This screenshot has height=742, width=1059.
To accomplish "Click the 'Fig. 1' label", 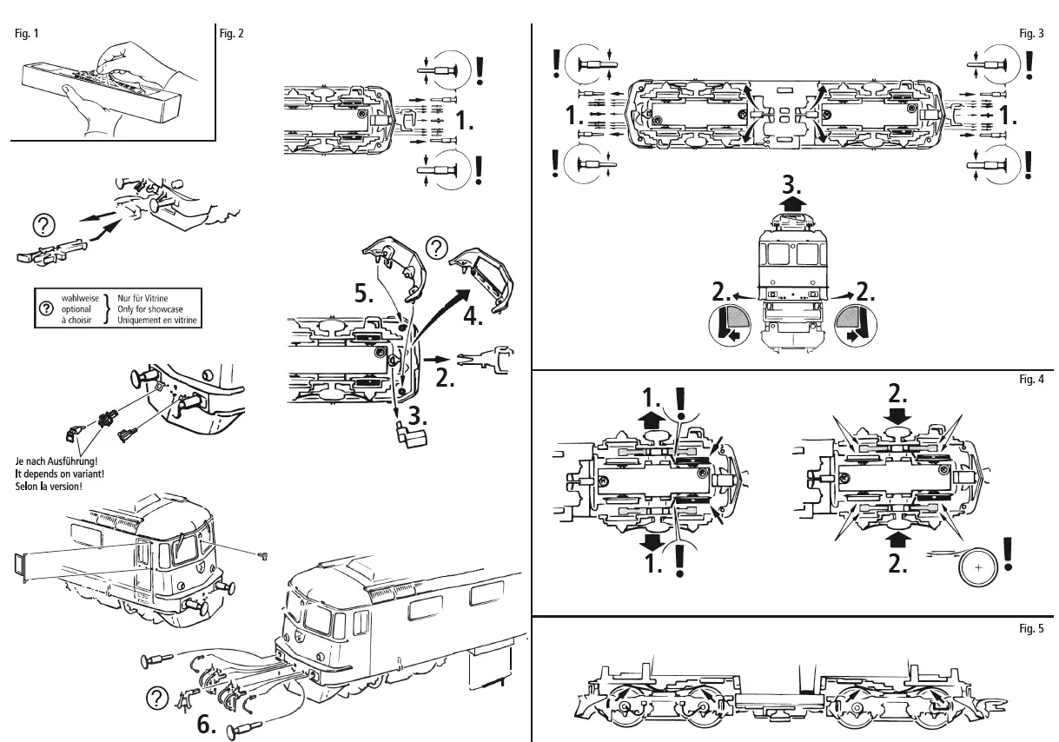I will click(27, 34).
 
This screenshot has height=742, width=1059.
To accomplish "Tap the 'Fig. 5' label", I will click(1030, 628).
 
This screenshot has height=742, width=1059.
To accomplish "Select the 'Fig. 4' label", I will click(1030, 379).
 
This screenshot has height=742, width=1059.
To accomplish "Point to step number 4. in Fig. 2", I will click(473, 316).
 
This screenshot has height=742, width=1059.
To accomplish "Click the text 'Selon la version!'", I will click(49, 486).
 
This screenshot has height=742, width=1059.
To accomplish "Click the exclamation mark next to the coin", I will click(1009, 554).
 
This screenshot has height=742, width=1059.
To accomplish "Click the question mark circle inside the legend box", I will click(45, 308).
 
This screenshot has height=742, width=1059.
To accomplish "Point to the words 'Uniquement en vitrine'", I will click(157, 320).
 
